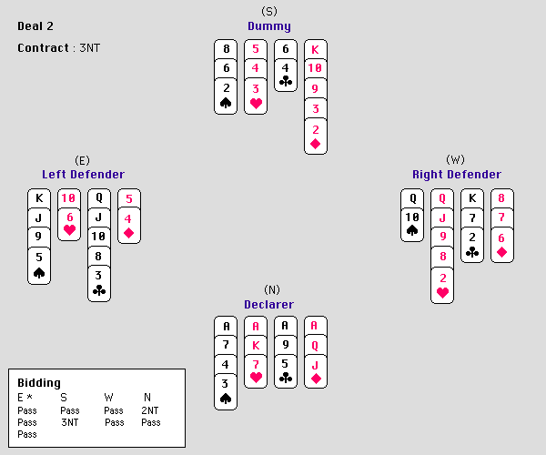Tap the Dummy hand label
tap(268, 26)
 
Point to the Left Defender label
tap(83, 174)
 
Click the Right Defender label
tap(456, 174)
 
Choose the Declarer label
tap(268, 304)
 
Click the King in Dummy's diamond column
tap(316, 49)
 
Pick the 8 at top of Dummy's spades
tap(226, 49)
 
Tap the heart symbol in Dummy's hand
tap(256, 103)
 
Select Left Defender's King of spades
tap(39, 198)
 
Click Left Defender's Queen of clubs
tap(99, 198)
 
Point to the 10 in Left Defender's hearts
tap(69, 198)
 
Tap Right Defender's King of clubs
tap(471, 198)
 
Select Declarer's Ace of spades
tap(226, 326)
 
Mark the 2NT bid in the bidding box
tap(151, 410)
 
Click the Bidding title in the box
tap(39, 383)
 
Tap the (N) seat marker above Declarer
tap(268, 290)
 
